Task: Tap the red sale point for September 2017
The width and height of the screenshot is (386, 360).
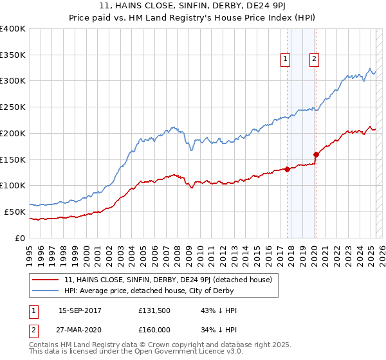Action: coord(287,169)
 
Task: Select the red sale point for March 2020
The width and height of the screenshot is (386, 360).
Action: coord(316,154)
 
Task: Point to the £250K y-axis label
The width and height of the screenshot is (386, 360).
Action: coord(13,107)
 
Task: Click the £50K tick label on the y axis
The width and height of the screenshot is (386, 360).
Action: coord(15,212)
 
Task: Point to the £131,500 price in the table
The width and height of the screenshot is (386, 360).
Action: coord(153,310)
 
